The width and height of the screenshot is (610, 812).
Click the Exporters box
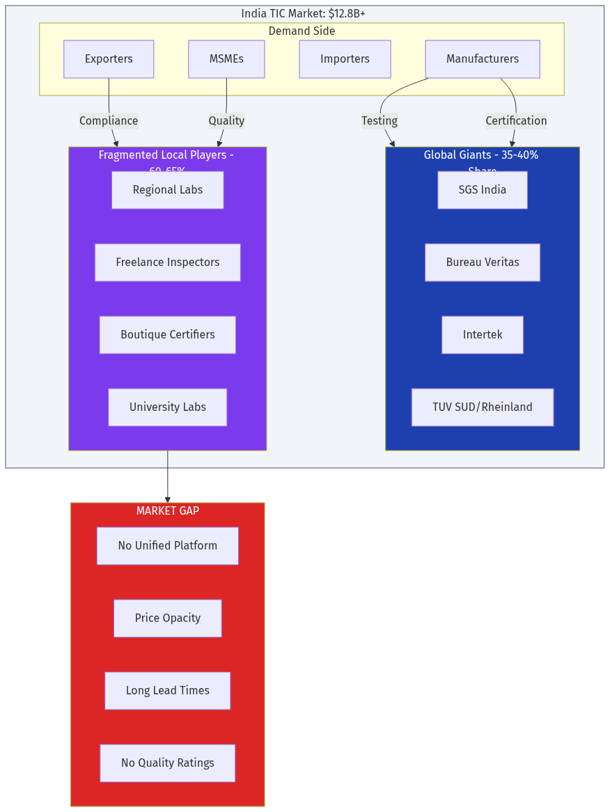click(x=109, y=59)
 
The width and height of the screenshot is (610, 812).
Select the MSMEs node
click(x=226, y=59)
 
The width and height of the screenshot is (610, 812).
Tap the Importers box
click(x=345, y=59)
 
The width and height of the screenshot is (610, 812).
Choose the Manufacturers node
click(x=482, y=59)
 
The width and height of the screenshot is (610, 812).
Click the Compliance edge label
click(x=109, y=120)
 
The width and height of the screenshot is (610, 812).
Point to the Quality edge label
click(x=226, y=120)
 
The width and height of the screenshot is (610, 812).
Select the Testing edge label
click(x=380, y=120)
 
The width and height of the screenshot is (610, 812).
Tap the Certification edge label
click(x=516, y=120)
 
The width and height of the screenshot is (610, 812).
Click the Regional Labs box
click(x=167, y=190)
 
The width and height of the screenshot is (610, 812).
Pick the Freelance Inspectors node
click(x=167, y=263)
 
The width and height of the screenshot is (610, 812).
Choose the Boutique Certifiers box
click(x=167, y=335)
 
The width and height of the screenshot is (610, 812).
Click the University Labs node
click(x=167, y=407)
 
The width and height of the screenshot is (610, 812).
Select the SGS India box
click(x=482, y=190)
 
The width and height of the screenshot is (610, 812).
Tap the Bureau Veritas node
click(x=482, y=263)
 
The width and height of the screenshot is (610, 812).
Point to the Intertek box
click(x=482, y=335)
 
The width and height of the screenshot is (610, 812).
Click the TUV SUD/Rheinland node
click(x=482, y=407)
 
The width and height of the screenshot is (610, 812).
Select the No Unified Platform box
click(x=167, y=546)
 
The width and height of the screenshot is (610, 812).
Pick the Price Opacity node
click(x=167, y=618)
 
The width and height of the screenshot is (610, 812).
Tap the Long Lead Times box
click(x=167, y=691)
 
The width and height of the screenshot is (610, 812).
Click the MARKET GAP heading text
click(x=167, y=511)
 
